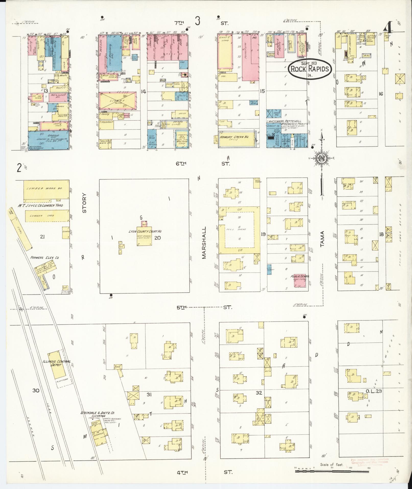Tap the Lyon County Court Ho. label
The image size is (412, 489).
[145, 231]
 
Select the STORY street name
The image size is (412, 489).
[85, 202]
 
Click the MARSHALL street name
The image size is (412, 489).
[204, 243]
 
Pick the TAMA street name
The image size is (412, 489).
[322, 239]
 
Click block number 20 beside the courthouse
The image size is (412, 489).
[158, 238]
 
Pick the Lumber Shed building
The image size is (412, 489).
[47, 216]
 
